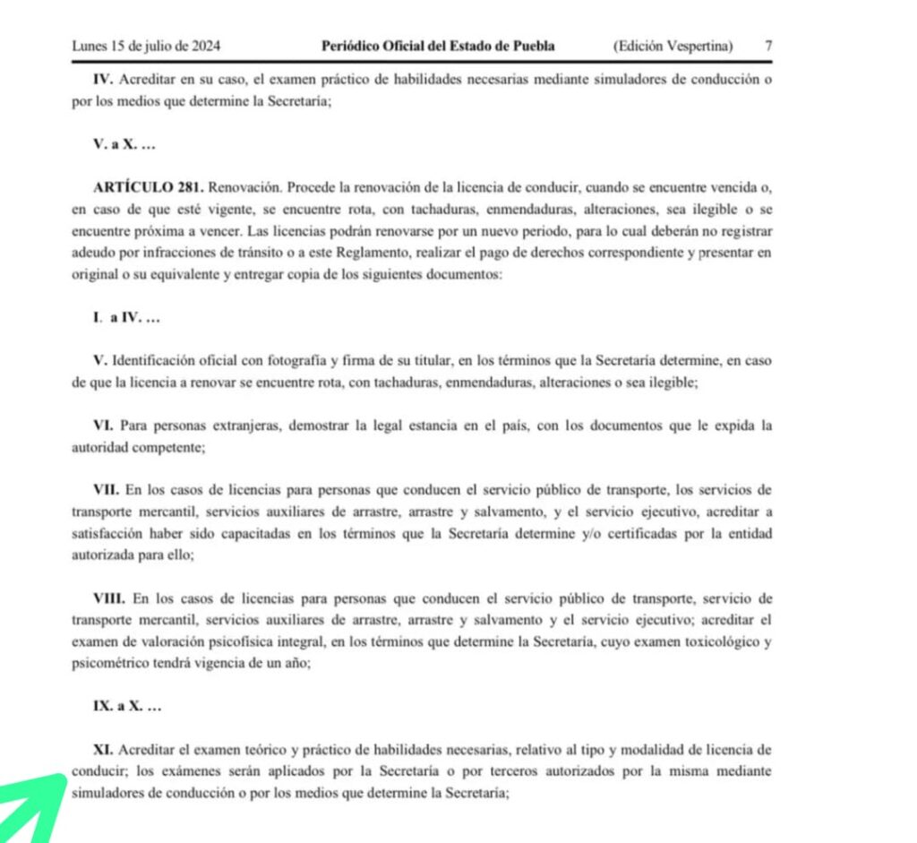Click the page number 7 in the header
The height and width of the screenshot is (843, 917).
click(x=769, y=46)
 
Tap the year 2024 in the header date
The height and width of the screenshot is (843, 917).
click(x=206, y=46)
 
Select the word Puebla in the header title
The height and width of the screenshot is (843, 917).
click(x=535, y=46)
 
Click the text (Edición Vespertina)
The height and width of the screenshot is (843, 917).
click(x=673, y=46)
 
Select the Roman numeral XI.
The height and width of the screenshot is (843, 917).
click(x=104, y=749)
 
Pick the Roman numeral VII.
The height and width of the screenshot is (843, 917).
click(x=107, y=490)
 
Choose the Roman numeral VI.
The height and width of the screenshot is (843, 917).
click(x=104, y=426)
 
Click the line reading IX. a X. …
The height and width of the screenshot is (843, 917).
click(x=126, y=706)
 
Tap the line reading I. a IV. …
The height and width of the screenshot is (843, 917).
click(x=127, y=318)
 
